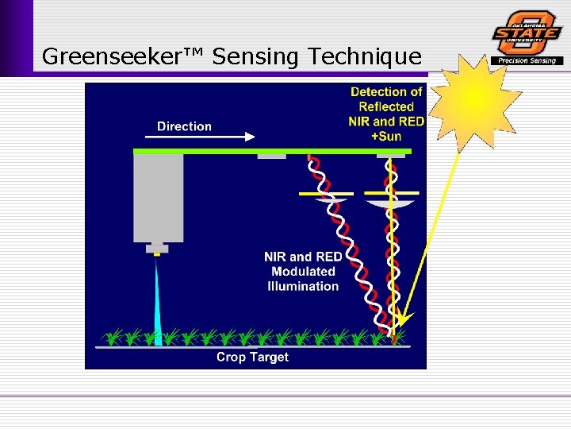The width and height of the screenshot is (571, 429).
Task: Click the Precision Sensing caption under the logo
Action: click(527, 60)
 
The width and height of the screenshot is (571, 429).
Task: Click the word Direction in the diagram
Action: click(184, 126)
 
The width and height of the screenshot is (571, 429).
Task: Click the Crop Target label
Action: click(252, 357)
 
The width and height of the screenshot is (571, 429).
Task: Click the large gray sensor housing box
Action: click(159, 198)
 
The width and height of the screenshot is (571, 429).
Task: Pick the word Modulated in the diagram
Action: click(304, 272)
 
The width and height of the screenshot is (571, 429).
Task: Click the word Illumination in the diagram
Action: click(303, 286)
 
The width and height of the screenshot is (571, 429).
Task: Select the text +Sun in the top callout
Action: click(386, 136)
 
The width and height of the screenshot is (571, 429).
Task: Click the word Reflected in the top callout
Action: click(386, 106)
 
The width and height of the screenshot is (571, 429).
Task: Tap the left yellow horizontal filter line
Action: click(325, 193)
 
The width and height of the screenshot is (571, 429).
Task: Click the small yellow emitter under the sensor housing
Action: click(157, 253)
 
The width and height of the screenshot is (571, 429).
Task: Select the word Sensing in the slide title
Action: click(257, 57)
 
